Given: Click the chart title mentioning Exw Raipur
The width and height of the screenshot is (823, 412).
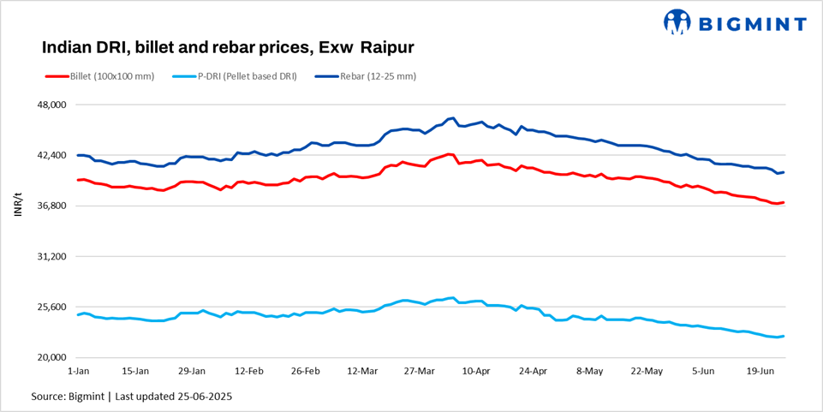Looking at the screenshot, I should (x=228, y=45).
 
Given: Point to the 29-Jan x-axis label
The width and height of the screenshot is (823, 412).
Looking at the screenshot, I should (x=191, y=372).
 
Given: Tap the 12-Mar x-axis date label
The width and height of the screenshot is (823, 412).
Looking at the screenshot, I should (x=362, y=372).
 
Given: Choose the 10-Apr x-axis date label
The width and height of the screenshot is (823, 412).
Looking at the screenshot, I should (x=475, y=372).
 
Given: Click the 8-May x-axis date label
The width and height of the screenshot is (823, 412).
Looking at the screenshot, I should (x=590, y=372).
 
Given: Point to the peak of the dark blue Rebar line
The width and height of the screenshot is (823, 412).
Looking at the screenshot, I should (x=451, y=118).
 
